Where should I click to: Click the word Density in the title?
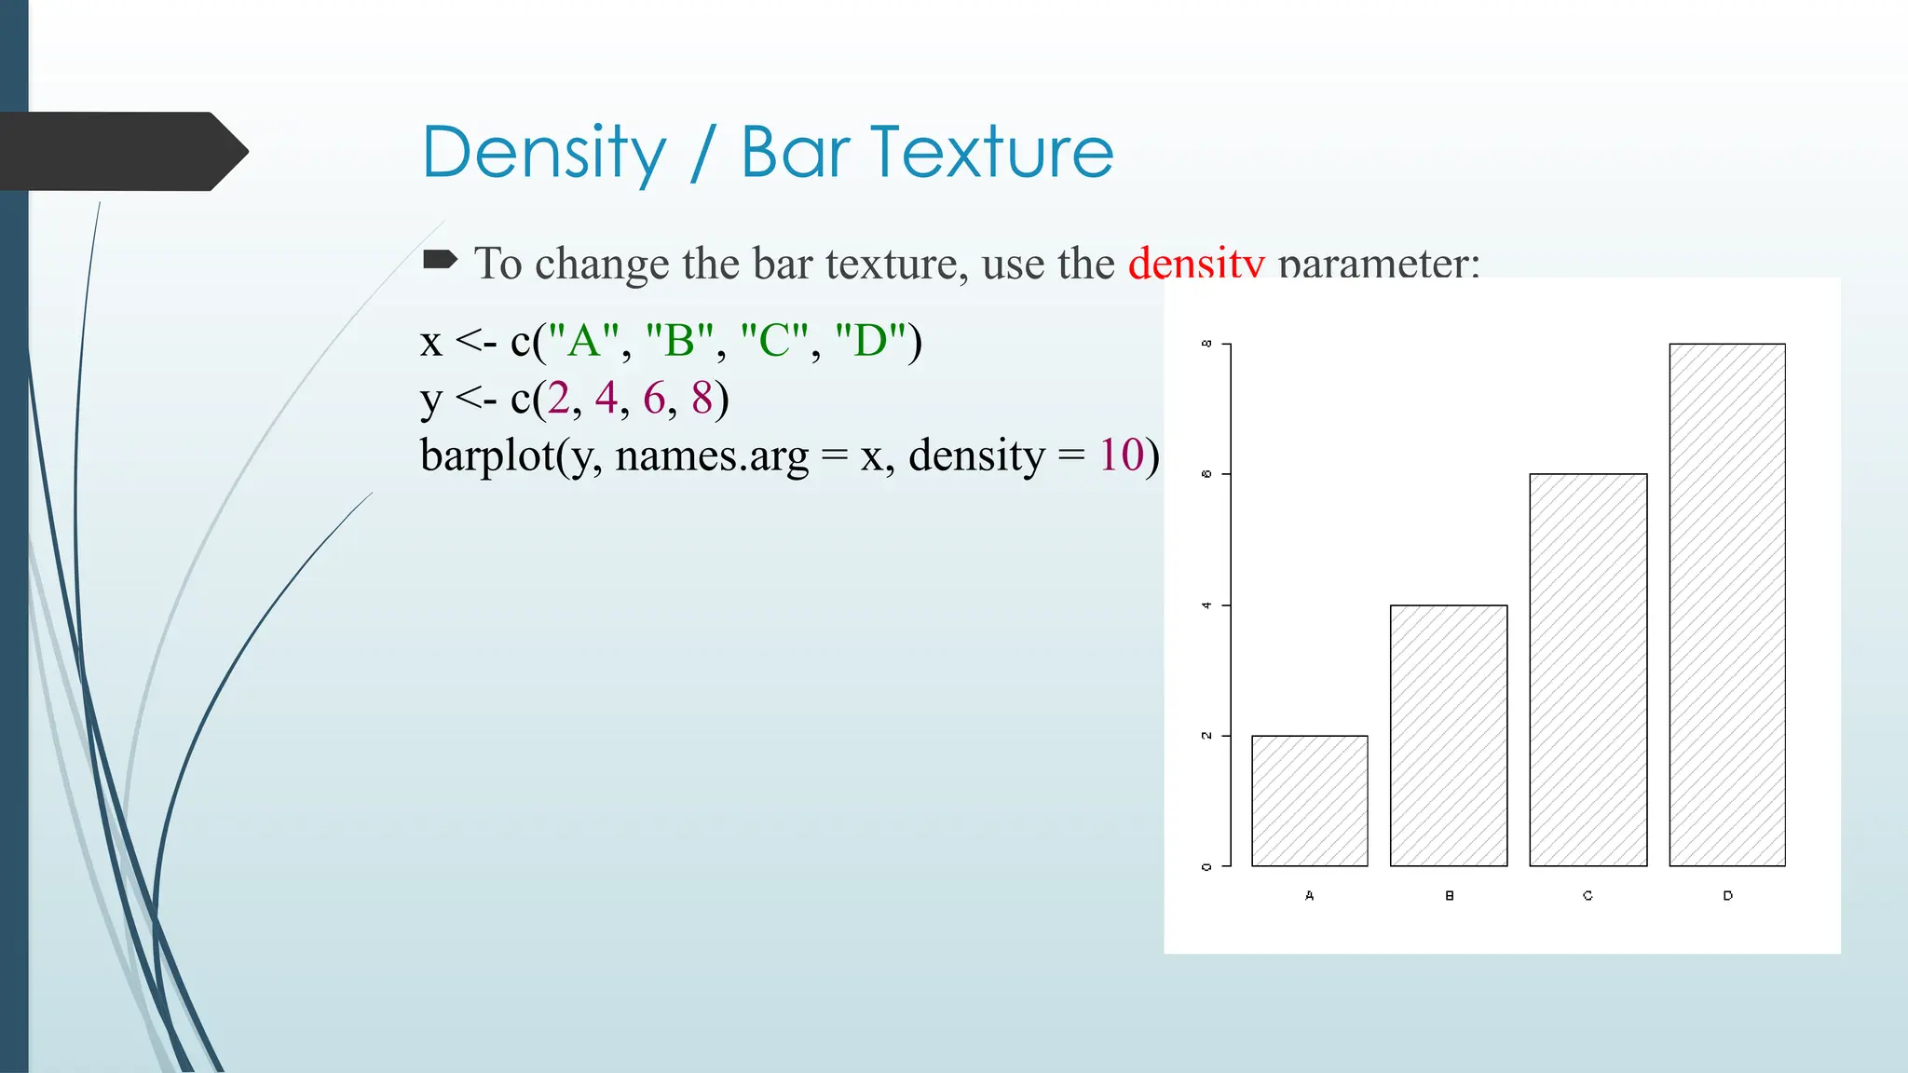click(x=544, y=154)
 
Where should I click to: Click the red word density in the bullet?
click(x=1195, y=265)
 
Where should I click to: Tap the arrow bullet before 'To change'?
click(x=440, y=260)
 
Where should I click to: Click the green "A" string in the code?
click(x=583, y=341)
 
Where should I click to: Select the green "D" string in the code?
click(x=870, y=341)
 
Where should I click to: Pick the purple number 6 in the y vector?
click(x=654, y=399)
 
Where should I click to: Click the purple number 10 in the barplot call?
click(x=1121, y=455)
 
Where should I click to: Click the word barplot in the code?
click(x=486, y=456)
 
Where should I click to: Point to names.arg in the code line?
click(x=712, y=456)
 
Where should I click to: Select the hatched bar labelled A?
click(x=1309, y=801)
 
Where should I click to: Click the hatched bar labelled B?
click(x=1448, y=736)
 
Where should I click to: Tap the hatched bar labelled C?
click(x=1588, y=671)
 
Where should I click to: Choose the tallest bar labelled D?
click(x=1726, y=605)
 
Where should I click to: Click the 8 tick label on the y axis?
click(x=1206, y=344)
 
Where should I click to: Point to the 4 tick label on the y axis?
click(x=1206, y=605)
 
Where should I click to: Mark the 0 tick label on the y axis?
click(x=1206, y=866)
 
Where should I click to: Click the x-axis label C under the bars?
click(x=1588, y=895)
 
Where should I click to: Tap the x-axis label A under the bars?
click(x=1309, y=895)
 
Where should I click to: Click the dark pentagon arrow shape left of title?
click(x=121, y=152)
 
